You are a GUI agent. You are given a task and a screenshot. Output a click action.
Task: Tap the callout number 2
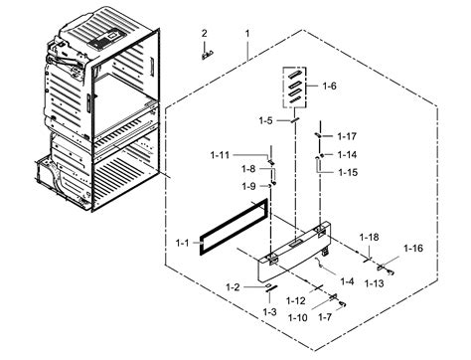click(205, 34)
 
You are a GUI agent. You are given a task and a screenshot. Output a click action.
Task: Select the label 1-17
click(346, 135)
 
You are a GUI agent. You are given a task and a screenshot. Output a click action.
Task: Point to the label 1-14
click(346, 154)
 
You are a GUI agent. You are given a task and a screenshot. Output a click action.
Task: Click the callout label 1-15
click(265, 120)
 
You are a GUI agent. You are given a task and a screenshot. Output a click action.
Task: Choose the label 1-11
click(220, 154)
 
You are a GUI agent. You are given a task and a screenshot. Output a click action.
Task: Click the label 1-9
click(247, 186)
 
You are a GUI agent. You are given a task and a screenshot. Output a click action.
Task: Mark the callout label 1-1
click(181, 243)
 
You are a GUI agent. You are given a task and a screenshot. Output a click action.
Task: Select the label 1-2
click(233, 287)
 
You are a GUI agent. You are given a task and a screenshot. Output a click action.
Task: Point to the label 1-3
click(269, 312)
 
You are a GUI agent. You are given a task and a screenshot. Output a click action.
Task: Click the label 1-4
click(346, 281)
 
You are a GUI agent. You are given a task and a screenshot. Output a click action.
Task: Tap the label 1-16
click(412, 248)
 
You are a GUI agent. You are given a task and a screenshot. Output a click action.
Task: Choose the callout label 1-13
click(374, 283)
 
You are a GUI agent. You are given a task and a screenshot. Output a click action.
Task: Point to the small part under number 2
click(206, 55)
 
